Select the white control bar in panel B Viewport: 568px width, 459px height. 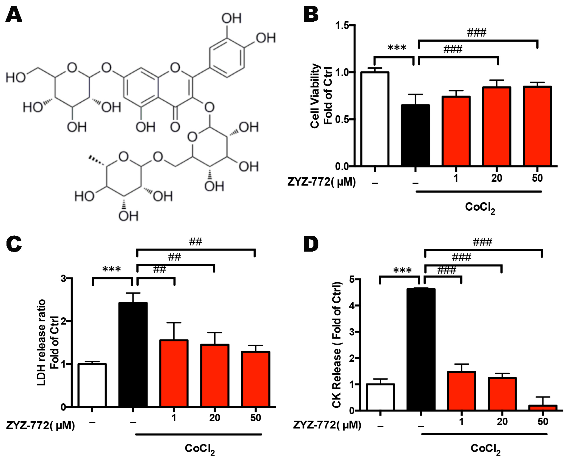tap(375, 119)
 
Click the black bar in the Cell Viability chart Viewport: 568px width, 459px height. tap(415, 135)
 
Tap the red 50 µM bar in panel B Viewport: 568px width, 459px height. tap(537, 126)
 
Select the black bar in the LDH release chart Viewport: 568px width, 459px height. tap(133, 355)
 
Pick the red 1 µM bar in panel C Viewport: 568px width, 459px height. tap(174, 373)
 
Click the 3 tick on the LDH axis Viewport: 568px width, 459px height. tap(64, 279)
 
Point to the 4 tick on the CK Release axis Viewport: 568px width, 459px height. tap(352, 306)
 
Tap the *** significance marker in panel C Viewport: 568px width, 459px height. tap(112, 270)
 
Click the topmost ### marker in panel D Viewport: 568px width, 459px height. tap(482, 242)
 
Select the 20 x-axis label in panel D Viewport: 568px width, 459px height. tap(502, 422)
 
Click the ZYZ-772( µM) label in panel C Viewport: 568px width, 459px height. tap(40, 425)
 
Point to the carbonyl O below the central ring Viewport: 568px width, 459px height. tap(175, 127)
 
